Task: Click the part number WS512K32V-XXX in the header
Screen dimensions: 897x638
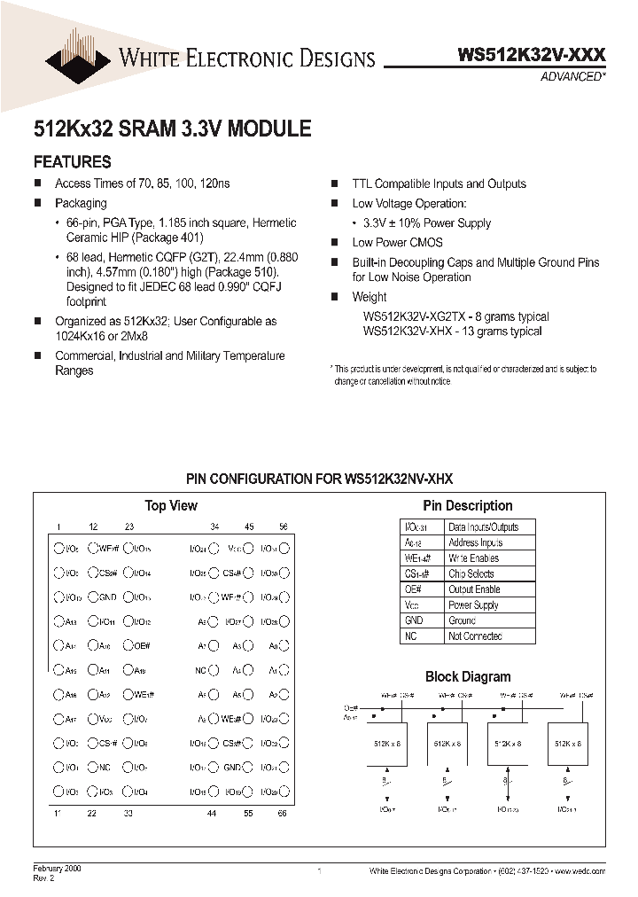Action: click(532, 55)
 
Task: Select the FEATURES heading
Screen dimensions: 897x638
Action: click(72, 162)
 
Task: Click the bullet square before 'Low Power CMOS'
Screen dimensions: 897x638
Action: click(335, 243)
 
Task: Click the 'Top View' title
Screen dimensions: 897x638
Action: click(171, 505)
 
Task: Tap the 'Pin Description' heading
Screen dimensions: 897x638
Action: click(467, 505)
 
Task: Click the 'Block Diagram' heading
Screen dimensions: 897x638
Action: click(467, 676)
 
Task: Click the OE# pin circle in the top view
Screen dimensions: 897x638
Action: click(128, 646)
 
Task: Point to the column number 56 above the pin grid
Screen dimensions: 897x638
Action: click(284, 526)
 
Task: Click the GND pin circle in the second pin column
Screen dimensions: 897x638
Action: click(93, 597)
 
